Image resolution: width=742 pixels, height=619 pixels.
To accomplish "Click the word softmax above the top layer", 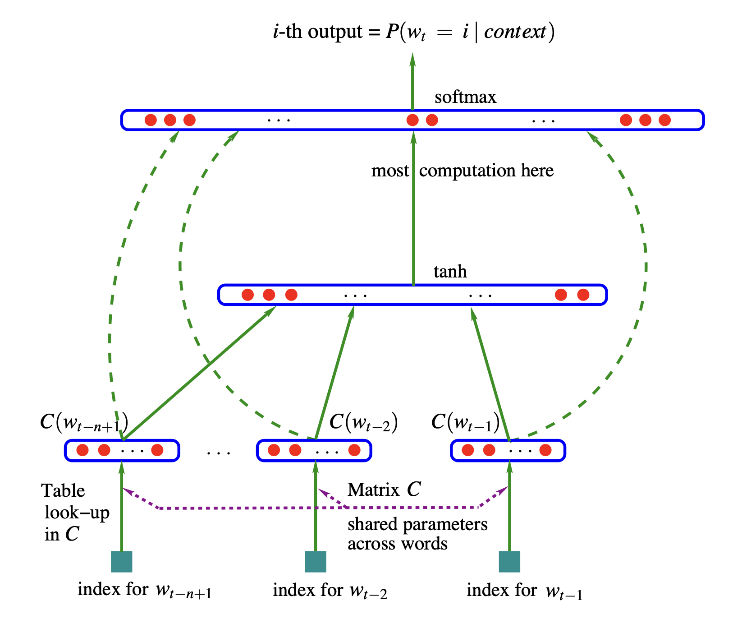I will pos(465,97).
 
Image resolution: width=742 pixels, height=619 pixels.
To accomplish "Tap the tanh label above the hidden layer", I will pos(450,272).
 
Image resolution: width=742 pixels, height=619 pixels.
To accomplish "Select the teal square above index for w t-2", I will pos(316,562).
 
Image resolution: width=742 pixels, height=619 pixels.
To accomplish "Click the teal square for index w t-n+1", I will pos(122,562).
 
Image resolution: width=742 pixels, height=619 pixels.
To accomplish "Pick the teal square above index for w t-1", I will pos(509,562).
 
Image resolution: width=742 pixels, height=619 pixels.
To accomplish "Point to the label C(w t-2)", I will pos(363,423).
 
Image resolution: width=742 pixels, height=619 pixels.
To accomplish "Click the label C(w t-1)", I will pos(465,423).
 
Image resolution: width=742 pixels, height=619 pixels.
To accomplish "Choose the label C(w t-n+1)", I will pos(84,423).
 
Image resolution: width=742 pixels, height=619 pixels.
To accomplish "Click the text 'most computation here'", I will pos(463,171).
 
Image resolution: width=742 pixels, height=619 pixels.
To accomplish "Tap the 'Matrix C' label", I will pos(384,490).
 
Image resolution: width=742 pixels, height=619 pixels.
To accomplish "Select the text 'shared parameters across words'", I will pos(417,534).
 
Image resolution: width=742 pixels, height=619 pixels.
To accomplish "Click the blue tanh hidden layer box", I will pos(412,295).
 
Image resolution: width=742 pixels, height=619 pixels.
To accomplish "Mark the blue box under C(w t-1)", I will pos(508,450).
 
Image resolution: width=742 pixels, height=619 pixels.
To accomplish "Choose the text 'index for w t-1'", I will pos(524,591).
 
